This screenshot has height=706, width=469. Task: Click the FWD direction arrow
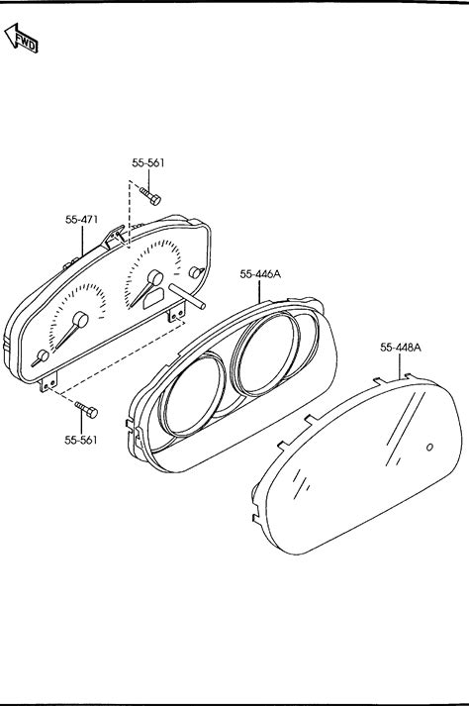pyautogui.click(x=21, y=39)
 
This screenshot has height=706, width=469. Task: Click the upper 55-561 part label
pyautogui.click(x=148, y=163)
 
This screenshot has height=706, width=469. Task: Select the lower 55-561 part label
pyautogui.click(x=80, y=440)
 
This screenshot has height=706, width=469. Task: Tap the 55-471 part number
pyautogui.click(x=81, y=220)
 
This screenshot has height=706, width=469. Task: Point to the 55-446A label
pyautogui.click(x=260, y=273)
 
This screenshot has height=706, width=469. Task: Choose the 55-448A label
pyautogui.click(x=401, y=348)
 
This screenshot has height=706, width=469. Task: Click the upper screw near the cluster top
pyautogui.click(x=150, y=196)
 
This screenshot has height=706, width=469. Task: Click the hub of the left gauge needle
pyautogui.click(x=80, y=320)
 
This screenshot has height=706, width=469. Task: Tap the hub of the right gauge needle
pyautogui.click(x=155, y=277)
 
